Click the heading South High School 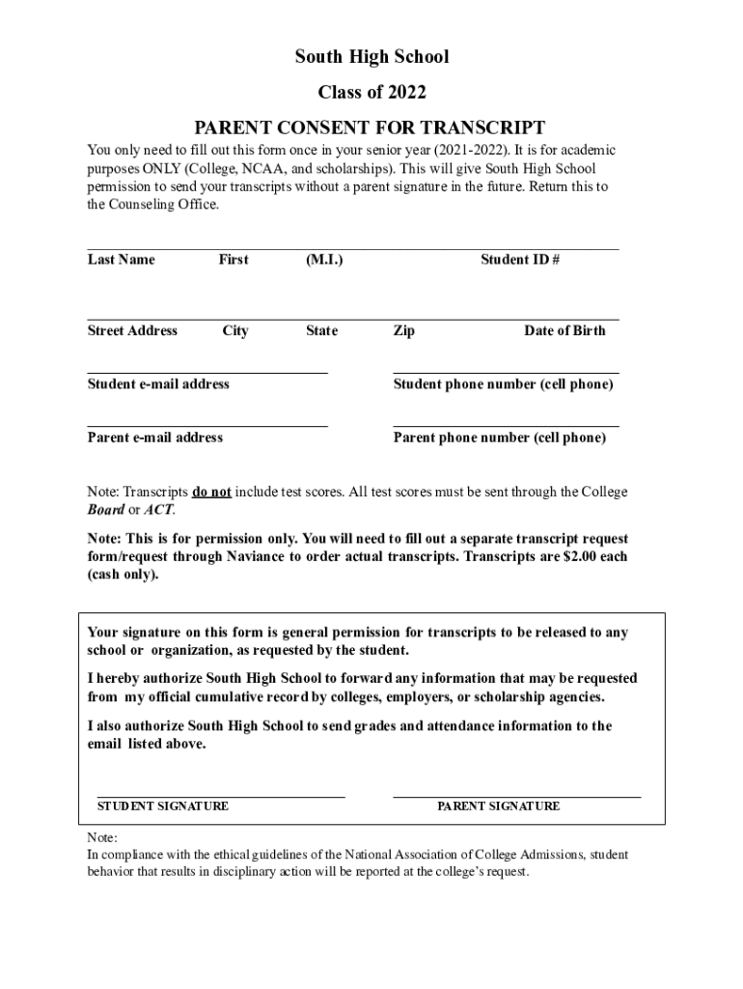[x=371, y=58]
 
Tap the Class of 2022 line [x=371, y=93]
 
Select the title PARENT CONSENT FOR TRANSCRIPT [x=371, y=127]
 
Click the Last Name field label [x=121, y=259]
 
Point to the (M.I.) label [x=323, y=259]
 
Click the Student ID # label [x=520, y=259]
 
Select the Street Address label [x=132, y=330]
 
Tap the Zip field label [x=404, y=330]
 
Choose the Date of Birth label [x=564, y=330]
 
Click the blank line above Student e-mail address [x=207, y=372]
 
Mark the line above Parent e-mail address [x=207, y=425]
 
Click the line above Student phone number [x=506, y=372]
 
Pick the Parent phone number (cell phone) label [x=500, y=438]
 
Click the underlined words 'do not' [x=211, y=492]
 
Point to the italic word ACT [x=159, y=509]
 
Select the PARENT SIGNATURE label [x=498, y=805]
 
